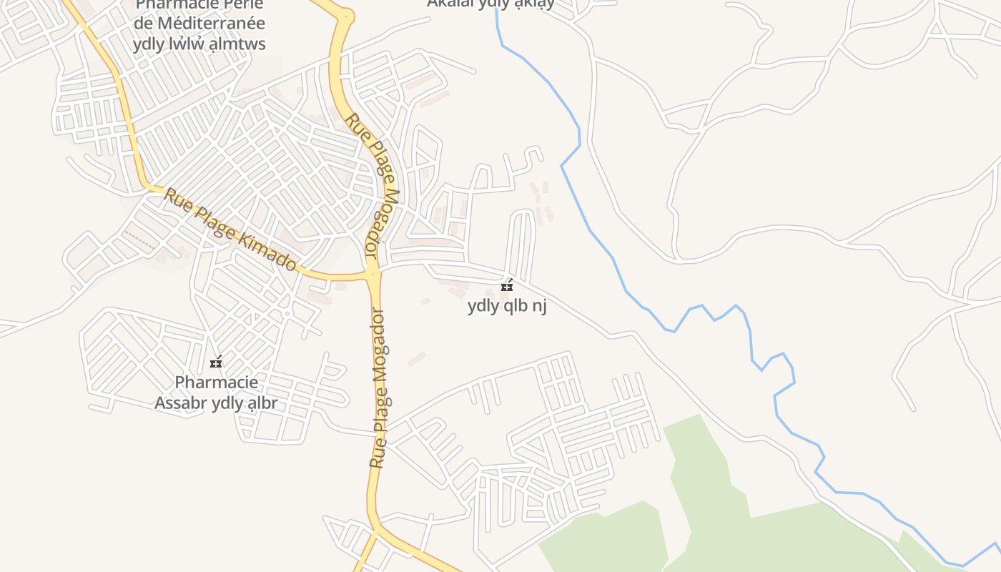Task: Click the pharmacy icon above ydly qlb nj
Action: (507, 286)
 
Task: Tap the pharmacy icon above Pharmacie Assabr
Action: (216, 363)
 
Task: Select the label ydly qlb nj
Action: (507, 306)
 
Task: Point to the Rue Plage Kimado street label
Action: (230, 230)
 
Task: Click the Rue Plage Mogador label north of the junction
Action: (373, 186)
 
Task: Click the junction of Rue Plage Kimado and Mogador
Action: (373, 273)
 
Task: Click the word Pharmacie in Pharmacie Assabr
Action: (217, 383)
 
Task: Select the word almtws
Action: (239, 44)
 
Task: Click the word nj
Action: (539, 306)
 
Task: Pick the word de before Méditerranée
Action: (143, 24)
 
